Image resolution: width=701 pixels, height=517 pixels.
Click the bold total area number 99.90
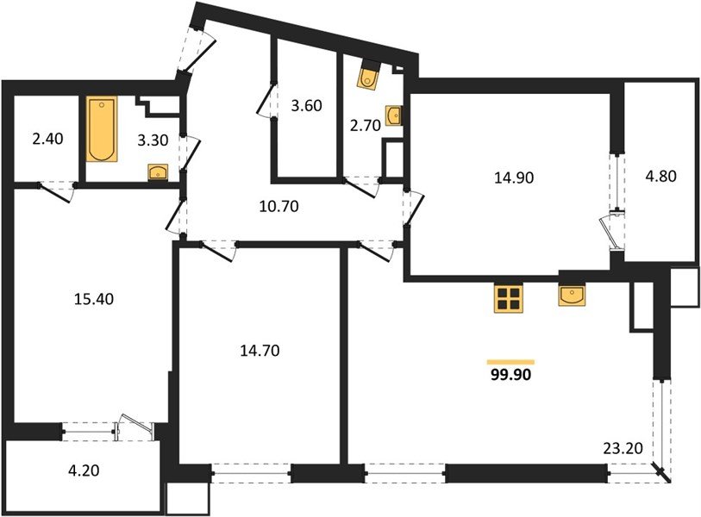511,375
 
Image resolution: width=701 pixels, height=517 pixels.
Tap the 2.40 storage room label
47,139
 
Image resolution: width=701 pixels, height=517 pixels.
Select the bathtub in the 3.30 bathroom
102,128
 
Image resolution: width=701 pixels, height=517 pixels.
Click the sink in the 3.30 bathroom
158,172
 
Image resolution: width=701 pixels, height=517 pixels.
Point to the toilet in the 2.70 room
368,77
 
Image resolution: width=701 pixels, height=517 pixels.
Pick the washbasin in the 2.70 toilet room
393,115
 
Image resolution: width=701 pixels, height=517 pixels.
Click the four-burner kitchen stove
509,298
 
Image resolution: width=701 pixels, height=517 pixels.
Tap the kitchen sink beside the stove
572,296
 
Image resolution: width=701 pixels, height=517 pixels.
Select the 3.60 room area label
306,106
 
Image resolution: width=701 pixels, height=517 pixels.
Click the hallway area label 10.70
279,207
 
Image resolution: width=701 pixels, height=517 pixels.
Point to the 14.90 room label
514,178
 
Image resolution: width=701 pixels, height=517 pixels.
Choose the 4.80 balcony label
660,176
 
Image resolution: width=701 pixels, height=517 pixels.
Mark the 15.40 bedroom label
94,299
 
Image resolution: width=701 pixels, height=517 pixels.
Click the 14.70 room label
260,351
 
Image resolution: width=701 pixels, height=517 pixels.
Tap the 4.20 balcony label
84,470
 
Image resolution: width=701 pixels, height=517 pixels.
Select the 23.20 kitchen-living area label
623,447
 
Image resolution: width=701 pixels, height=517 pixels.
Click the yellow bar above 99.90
511,363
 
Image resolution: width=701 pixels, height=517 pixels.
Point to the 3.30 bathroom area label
153,140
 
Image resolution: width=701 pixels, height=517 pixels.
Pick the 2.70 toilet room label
366,126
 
